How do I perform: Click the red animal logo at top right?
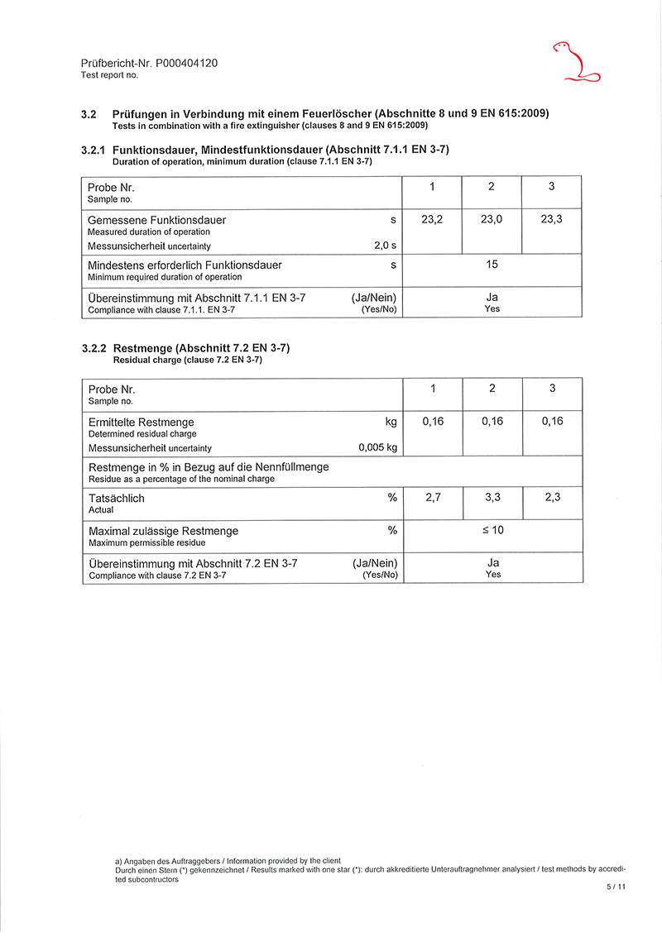(576, 62)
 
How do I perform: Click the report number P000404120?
(185, 63)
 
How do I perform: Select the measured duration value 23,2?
(432, 220)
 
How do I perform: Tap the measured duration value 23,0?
(492, 220)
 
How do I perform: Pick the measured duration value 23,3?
(551, 220)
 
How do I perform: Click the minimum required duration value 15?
(492, 265)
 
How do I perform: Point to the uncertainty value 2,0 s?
(385, 246)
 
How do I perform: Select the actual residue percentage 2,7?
(433, 498)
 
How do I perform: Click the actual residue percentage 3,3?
(492, 498)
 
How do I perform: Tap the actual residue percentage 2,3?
(552, 498)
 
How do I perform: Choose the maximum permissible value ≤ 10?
(492, 530)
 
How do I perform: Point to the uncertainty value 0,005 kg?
(377, 448)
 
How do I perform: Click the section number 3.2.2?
(94, 349)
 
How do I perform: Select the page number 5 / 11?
(616, 887)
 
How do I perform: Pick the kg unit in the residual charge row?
(391, 422)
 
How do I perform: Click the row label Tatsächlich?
(116, 499)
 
